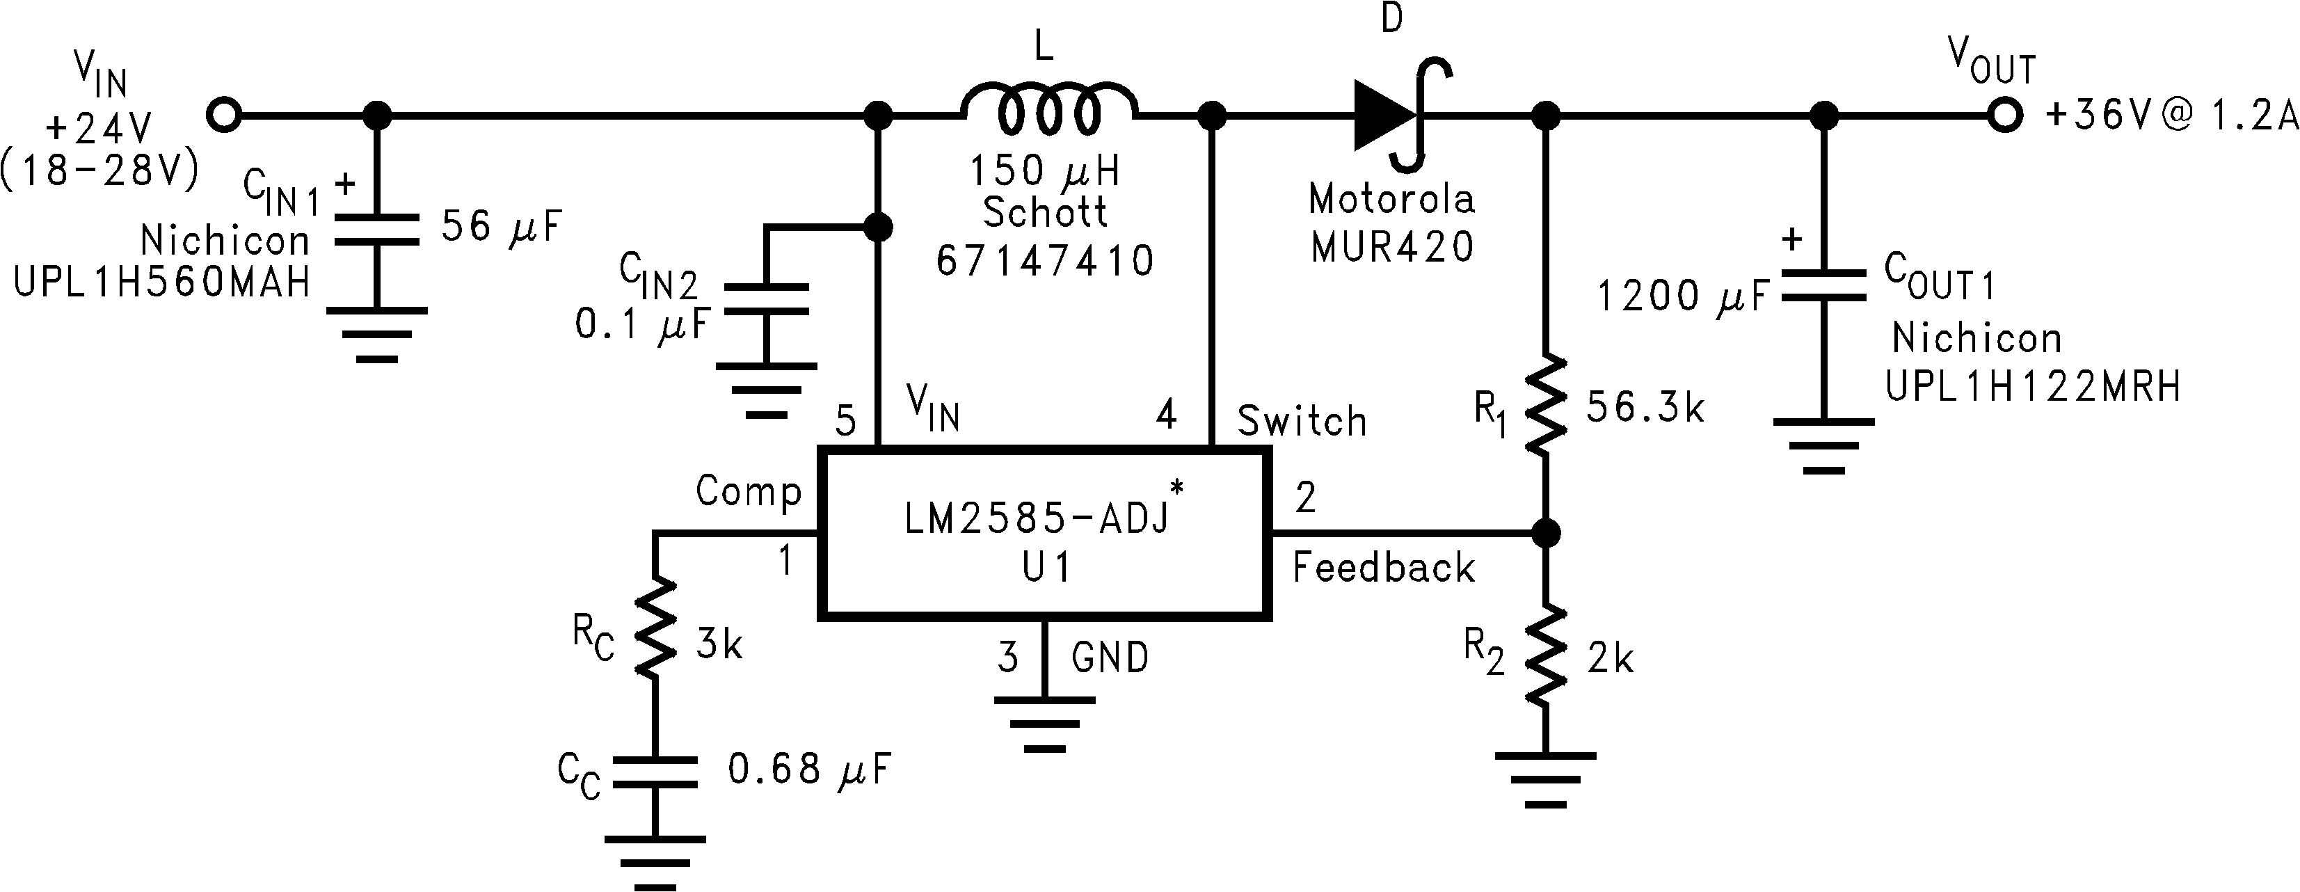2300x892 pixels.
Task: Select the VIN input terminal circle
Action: click(223, 114)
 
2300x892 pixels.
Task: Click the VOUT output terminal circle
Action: click(2004, 114)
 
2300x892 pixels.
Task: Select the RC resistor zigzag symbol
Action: click(655, 628)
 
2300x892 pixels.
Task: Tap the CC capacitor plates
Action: click(655, 772)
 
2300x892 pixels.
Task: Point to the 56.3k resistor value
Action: click(1645, 408)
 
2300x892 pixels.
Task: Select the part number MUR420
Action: click(1392, 246)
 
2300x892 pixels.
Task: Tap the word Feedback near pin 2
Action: click(1383, 568)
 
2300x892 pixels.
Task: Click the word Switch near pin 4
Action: click(1302, 420)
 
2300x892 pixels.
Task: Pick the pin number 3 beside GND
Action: click(1008, 658)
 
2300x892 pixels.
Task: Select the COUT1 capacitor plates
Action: click(1823, 287)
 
